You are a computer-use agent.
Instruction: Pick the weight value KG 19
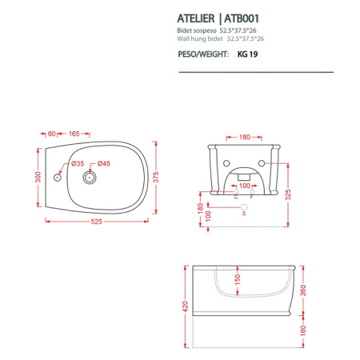point(248,55)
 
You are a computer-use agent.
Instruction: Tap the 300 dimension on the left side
point(37,177)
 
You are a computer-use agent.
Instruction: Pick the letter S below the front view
point(244,214)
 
